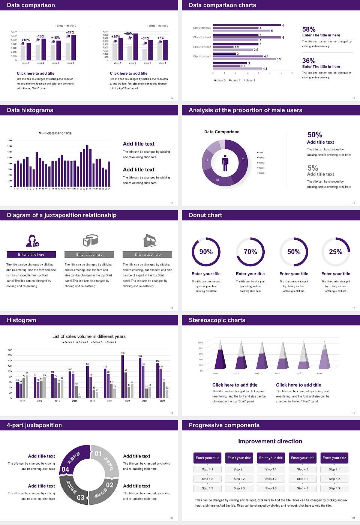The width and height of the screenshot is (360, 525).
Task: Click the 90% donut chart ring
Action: (193, 252)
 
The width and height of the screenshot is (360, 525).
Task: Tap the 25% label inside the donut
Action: (335, 252)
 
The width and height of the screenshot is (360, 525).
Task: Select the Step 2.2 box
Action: (239, 479)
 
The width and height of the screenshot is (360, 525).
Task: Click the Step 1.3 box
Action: (207, 488)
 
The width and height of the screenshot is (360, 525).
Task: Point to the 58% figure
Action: (309, 29)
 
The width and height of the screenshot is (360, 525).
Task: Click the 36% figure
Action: (309, 61)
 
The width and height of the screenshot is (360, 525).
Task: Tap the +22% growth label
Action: (70, 33)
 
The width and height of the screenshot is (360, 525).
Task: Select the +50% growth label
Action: (128, 34)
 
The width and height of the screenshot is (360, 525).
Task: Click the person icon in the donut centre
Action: (225, 163)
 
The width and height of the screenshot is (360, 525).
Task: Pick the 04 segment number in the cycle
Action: (65, 469)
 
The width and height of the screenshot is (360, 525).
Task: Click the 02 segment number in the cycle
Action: (109, 485)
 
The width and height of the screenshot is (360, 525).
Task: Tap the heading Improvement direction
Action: (270, 441)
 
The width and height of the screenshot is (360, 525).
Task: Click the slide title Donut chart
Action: (205, 215)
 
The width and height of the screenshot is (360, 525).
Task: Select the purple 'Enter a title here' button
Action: (31, 255)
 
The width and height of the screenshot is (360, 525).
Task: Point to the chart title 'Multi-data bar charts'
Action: (55, 133)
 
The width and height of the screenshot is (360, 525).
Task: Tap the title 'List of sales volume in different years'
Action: (89, 336)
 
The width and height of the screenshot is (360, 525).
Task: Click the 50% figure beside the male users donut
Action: (315, 135)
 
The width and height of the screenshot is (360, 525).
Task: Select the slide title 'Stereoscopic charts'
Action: (217, 320)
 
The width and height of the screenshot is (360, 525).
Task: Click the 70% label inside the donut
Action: (250, 252)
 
